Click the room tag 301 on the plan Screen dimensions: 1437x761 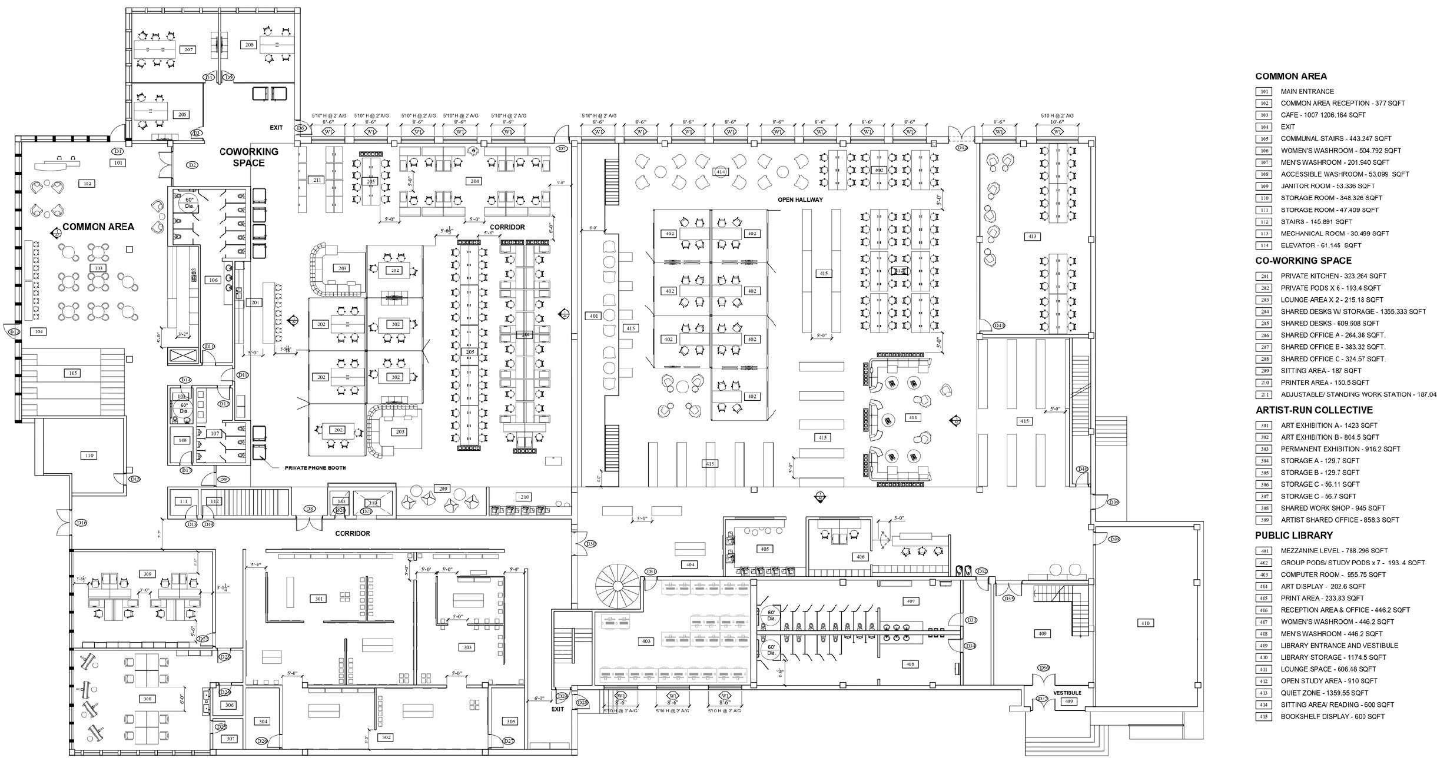tap(318, 599)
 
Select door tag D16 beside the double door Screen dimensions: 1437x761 tap(81, 523)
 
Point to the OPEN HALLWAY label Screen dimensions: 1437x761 tap(800, 200)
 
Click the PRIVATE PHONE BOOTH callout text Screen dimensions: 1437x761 tap(315, 468)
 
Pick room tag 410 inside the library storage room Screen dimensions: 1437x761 tap(1145, 623)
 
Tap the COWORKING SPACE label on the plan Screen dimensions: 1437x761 tap(248, 157)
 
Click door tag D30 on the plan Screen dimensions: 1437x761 tap(591, 544)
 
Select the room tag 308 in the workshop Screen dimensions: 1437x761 tap(147, 699)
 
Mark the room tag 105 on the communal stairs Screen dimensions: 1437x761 tap(73, 373)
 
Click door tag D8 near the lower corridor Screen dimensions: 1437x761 tap(309, 509)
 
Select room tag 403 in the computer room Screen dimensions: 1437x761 tap(646, 641)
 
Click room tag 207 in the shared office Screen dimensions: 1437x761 tap(188, 49)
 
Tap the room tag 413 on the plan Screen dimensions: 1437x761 tap(1032, 237)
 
